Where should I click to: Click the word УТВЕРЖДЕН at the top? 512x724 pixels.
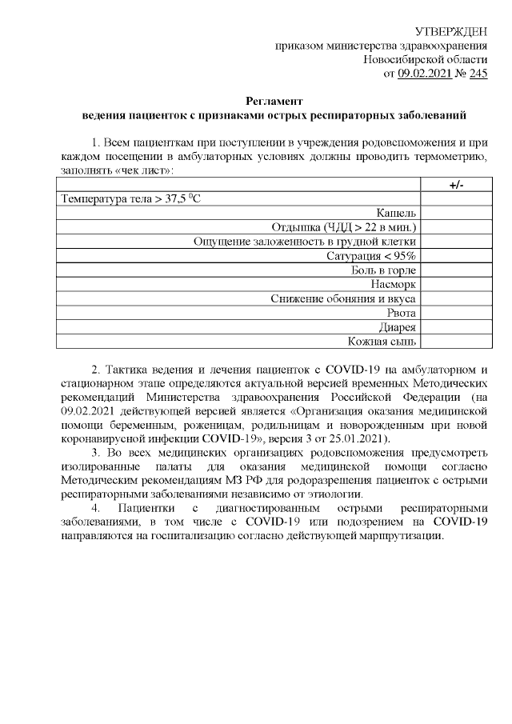point(452,31)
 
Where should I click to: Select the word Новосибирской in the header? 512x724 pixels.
point(403,60)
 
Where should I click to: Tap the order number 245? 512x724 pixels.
point(477,74)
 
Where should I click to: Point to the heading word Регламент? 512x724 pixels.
point(274,102)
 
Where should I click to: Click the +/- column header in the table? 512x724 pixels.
point(455,185)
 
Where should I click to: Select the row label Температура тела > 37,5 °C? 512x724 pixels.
point(130,199)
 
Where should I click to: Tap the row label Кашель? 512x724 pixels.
point(395,213)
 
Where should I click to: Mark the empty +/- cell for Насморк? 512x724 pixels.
point(455,284)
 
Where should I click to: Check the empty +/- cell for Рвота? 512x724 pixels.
point(455,312)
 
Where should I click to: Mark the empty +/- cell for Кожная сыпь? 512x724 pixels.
point(455,341)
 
